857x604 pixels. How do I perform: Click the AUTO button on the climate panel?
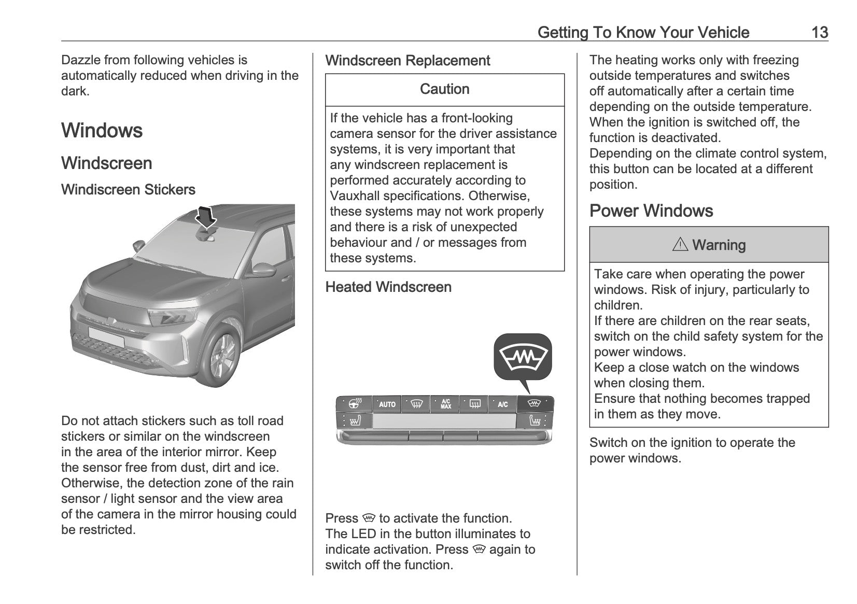387,404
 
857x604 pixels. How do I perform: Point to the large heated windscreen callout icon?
523,357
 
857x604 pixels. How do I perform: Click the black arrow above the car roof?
206,216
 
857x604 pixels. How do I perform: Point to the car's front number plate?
106,336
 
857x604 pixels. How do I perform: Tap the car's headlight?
172,316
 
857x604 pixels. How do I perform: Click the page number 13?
819,33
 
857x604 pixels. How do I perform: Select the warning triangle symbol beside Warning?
680,245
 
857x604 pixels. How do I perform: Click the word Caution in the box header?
444,89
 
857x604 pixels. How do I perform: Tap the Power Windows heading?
651,211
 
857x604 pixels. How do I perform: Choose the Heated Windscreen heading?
388,287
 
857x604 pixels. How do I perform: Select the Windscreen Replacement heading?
407,61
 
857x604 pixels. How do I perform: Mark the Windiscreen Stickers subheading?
128,190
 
